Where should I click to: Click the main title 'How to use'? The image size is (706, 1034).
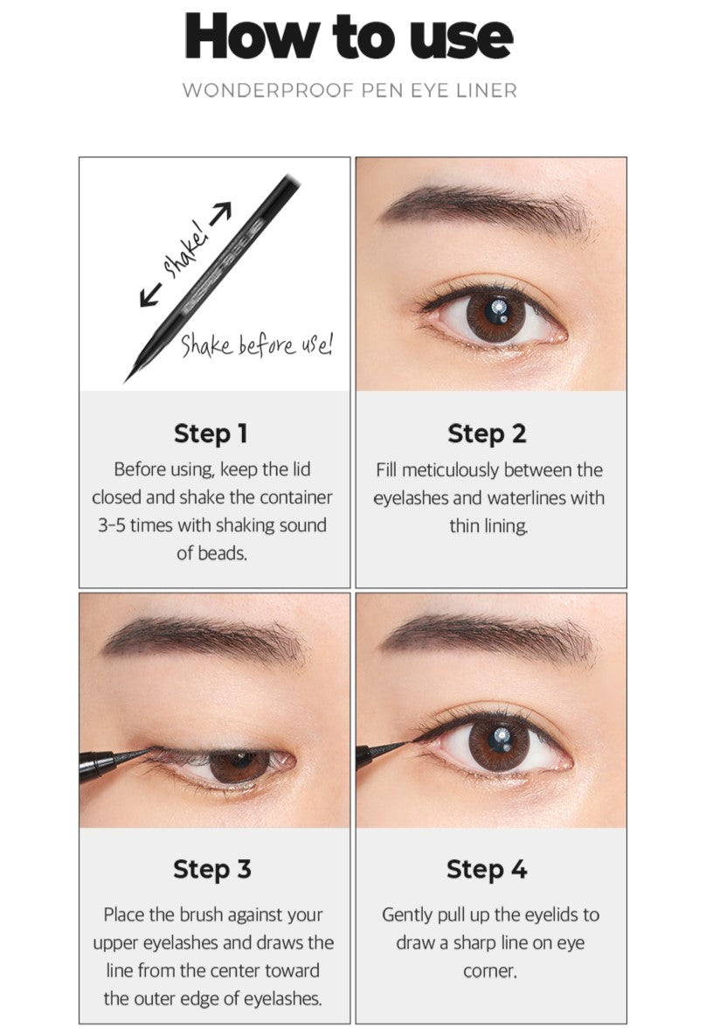coord(349,36)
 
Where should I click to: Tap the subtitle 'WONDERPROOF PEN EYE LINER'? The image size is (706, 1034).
coord(350,90)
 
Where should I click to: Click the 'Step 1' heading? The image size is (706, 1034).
coord(211,434)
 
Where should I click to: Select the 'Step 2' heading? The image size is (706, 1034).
coord(488,434)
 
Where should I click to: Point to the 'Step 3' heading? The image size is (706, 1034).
coord(212,869)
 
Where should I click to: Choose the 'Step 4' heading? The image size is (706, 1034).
coord(488,869)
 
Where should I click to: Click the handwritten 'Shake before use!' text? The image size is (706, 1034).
coord(256,344)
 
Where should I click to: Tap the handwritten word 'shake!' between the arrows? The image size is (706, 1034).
coord(186,248)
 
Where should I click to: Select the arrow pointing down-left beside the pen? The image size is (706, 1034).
coord(150,295)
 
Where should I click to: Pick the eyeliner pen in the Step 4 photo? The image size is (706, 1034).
coord(383,753)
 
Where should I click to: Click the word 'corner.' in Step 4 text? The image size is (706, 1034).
coord(490,971)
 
